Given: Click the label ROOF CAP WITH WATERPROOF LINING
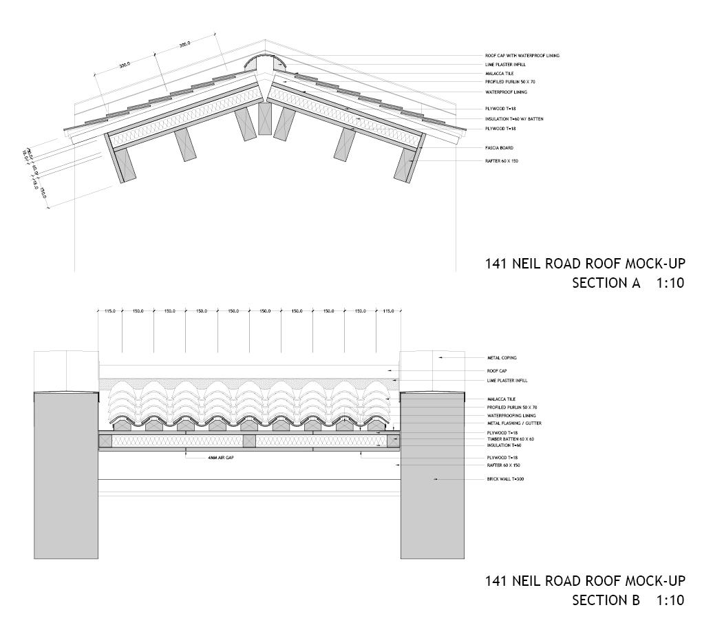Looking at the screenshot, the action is tap(526, 56).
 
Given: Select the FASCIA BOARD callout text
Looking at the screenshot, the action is tap(499, 148).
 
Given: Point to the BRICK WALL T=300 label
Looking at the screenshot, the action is tap(505, 478).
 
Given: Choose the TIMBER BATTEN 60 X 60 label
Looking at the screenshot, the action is tap(511, 439).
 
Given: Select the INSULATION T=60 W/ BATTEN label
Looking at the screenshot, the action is tap(514, 119).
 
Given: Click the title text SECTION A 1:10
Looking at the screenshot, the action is tap(628, 282).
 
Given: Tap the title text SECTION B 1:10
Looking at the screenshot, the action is tap(628, 600).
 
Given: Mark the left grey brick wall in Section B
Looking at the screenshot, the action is tap(66, 475).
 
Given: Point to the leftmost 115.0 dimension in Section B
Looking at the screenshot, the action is tap(110, 311).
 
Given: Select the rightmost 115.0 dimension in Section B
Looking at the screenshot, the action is tap(389, 311).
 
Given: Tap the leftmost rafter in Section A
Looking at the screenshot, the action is tap(124, 166).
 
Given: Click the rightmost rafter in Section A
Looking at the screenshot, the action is tap(404, 166).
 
